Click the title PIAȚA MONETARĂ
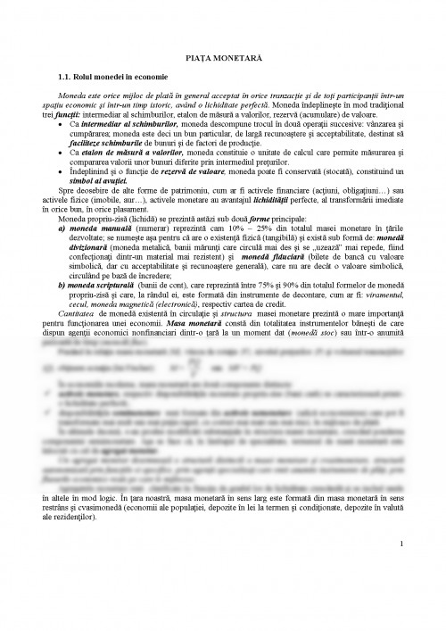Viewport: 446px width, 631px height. point(222,55)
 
